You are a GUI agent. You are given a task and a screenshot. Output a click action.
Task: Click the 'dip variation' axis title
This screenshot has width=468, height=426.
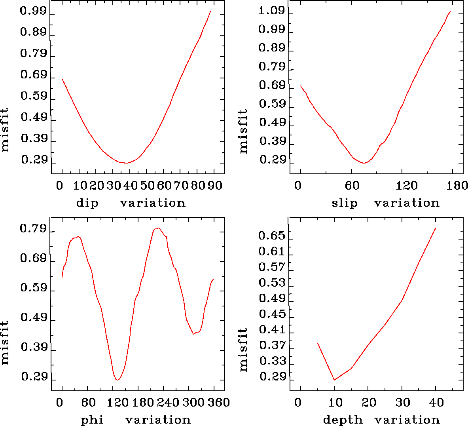[x=131, y=203]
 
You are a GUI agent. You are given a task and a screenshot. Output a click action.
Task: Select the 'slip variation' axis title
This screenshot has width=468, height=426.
[x=385, y=203]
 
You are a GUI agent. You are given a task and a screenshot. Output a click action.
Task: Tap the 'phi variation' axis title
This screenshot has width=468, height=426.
[x=135, y=420]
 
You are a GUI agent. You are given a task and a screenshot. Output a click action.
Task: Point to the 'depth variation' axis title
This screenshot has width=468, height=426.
[x=381, y=420]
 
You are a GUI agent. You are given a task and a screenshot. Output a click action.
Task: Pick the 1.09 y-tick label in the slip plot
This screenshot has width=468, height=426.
[x=272, y=11]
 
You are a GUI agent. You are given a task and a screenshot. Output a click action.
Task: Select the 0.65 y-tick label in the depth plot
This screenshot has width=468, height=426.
[x=272, y=236]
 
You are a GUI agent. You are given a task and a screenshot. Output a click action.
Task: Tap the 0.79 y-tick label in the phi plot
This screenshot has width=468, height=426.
[x=34, y=229]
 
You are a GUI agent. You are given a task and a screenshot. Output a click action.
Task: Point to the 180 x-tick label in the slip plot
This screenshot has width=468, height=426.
[x=459, y=186]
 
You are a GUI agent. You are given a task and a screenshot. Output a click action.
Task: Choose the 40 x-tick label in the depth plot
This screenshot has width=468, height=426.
[x=436, y=403]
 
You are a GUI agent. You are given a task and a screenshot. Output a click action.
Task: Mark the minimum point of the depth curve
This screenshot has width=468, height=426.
[x=334, y=380]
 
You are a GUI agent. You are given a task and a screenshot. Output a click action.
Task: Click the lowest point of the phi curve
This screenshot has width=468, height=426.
[x=117, y=380]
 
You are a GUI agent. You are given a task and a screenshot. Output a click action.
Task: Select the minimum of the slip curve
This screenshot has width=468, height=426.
[x=364, y=163]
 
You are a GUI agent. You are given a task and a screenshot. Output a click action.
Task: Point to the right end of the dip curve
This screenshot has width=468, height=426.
[x=210, y=11]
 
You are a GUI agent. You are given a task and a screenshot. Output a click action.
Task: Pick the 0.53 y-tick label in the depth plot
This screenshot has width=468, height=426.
[x=272, y=283]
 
